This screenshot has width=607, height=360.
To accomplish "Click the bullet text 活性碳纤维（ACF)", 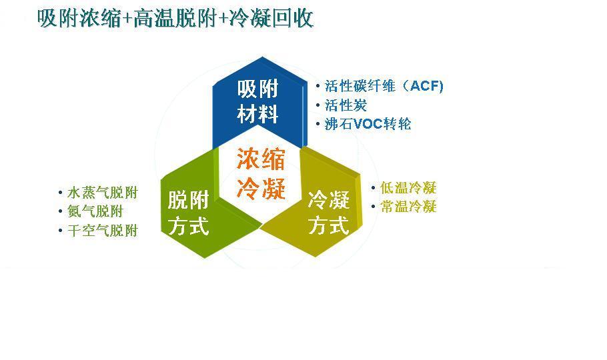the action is coord(384,85).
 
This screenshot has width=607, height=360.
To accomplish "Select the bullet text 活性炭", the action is coord(346,105).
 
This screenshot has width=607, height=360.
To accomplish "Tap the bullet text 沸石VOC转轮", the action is coord(368,124).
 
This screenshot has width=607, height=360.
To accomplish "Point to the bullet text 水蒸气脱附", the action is coord(103,193).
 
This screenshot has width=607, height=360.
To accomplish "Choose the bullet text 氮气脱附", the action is coord(95,211).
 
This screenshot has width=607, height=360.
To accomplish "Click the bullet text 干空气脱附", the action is coord(103,231).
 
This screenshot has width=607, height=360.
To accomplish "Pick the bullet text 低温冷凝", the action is coord(408,188).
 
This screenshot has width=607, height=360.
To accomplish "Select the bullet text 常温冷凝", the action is coord(408,206).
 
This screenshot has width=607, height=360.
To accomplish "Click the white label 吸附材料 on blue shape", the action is coord(258,101).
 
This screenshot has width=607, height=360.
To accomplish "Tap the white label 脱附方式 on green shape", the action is coord(189,213).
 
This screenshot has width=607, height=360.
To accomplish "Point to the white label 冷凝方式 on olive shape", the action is coord(329,213).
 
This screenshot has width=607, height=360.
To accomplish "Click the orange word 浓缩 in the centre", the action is coord(261,159).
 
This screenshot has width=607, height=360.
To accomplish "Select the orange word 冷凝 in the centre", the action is coord(261,189).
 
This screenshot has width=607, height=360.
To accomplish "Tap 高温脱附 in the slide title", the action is coord(175,18).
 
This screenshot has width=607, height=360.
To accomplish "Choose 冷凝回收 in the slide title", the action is coord(271,18).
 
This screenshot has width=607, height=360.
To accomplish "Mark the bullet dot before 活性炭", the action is coord(318,105).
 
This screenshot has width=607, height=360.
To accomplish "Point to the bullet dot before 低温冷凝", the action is coord(373,188).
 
